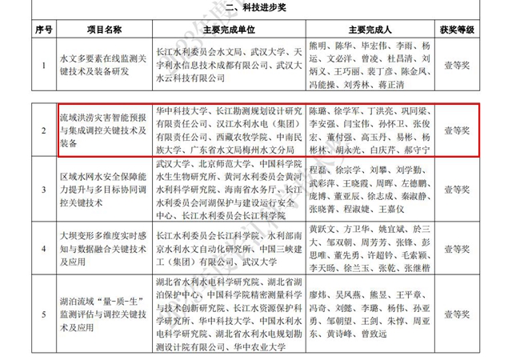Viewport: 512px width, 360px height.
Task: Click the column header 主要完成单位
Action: tap(226, 30)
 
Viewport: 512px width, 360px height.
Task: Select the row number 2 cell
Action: tap(44, 130)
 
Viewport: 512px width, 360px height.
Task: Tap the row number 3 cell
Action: tap(44, 190)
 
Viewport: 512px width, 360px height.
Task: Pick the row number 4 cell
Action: tap(44, 249)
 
